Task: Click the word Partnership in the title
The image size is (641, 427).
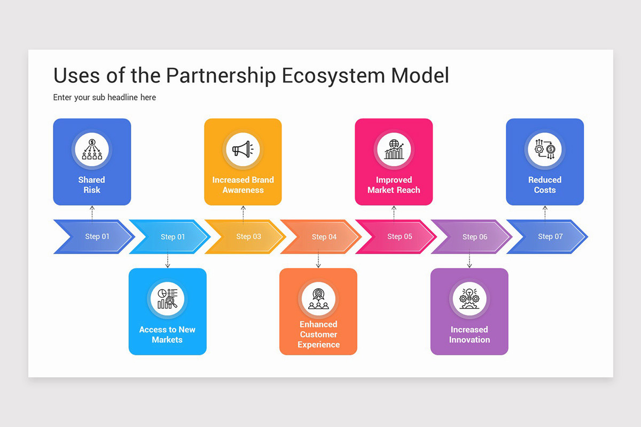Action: (x=221, y=76)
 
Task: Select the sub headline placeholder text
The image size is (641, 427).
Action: (x=105, y=97)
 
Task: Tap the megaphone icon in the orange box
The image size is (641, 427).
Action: (x=243, y=149)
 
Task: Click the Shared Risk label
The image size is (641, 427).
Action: (x=92, y=185)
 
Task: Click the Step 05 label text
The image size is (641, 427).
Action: (x=400, y=236)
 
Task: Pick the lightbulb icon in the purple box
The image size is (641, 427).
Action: (x=470, y=298)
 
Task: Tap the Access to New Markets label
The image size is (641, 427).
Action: (x=167, y=335)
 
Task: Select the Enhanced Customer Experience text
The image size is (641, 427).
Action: (x=318, y=335)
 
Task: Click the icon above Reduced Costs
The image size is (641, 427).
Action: (x=545, y=149)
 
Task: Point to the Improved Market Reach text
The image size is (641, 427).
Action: (x=394, y=185)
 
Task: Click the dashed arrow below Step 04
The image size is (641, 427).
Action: (x=318, y=260)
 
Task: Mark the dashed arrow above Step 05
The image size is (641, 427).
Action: (x=394, y=212)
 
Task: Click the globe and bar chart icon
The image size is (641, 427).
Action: (x=394, y=149)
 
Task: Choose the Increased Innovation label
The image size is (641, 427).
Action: (x=470, y=335)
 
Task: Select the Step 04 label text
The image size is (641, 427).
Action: (x=324, y=236)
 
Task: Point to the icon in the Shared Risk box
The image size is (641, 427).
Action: (x=92, y=149)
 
